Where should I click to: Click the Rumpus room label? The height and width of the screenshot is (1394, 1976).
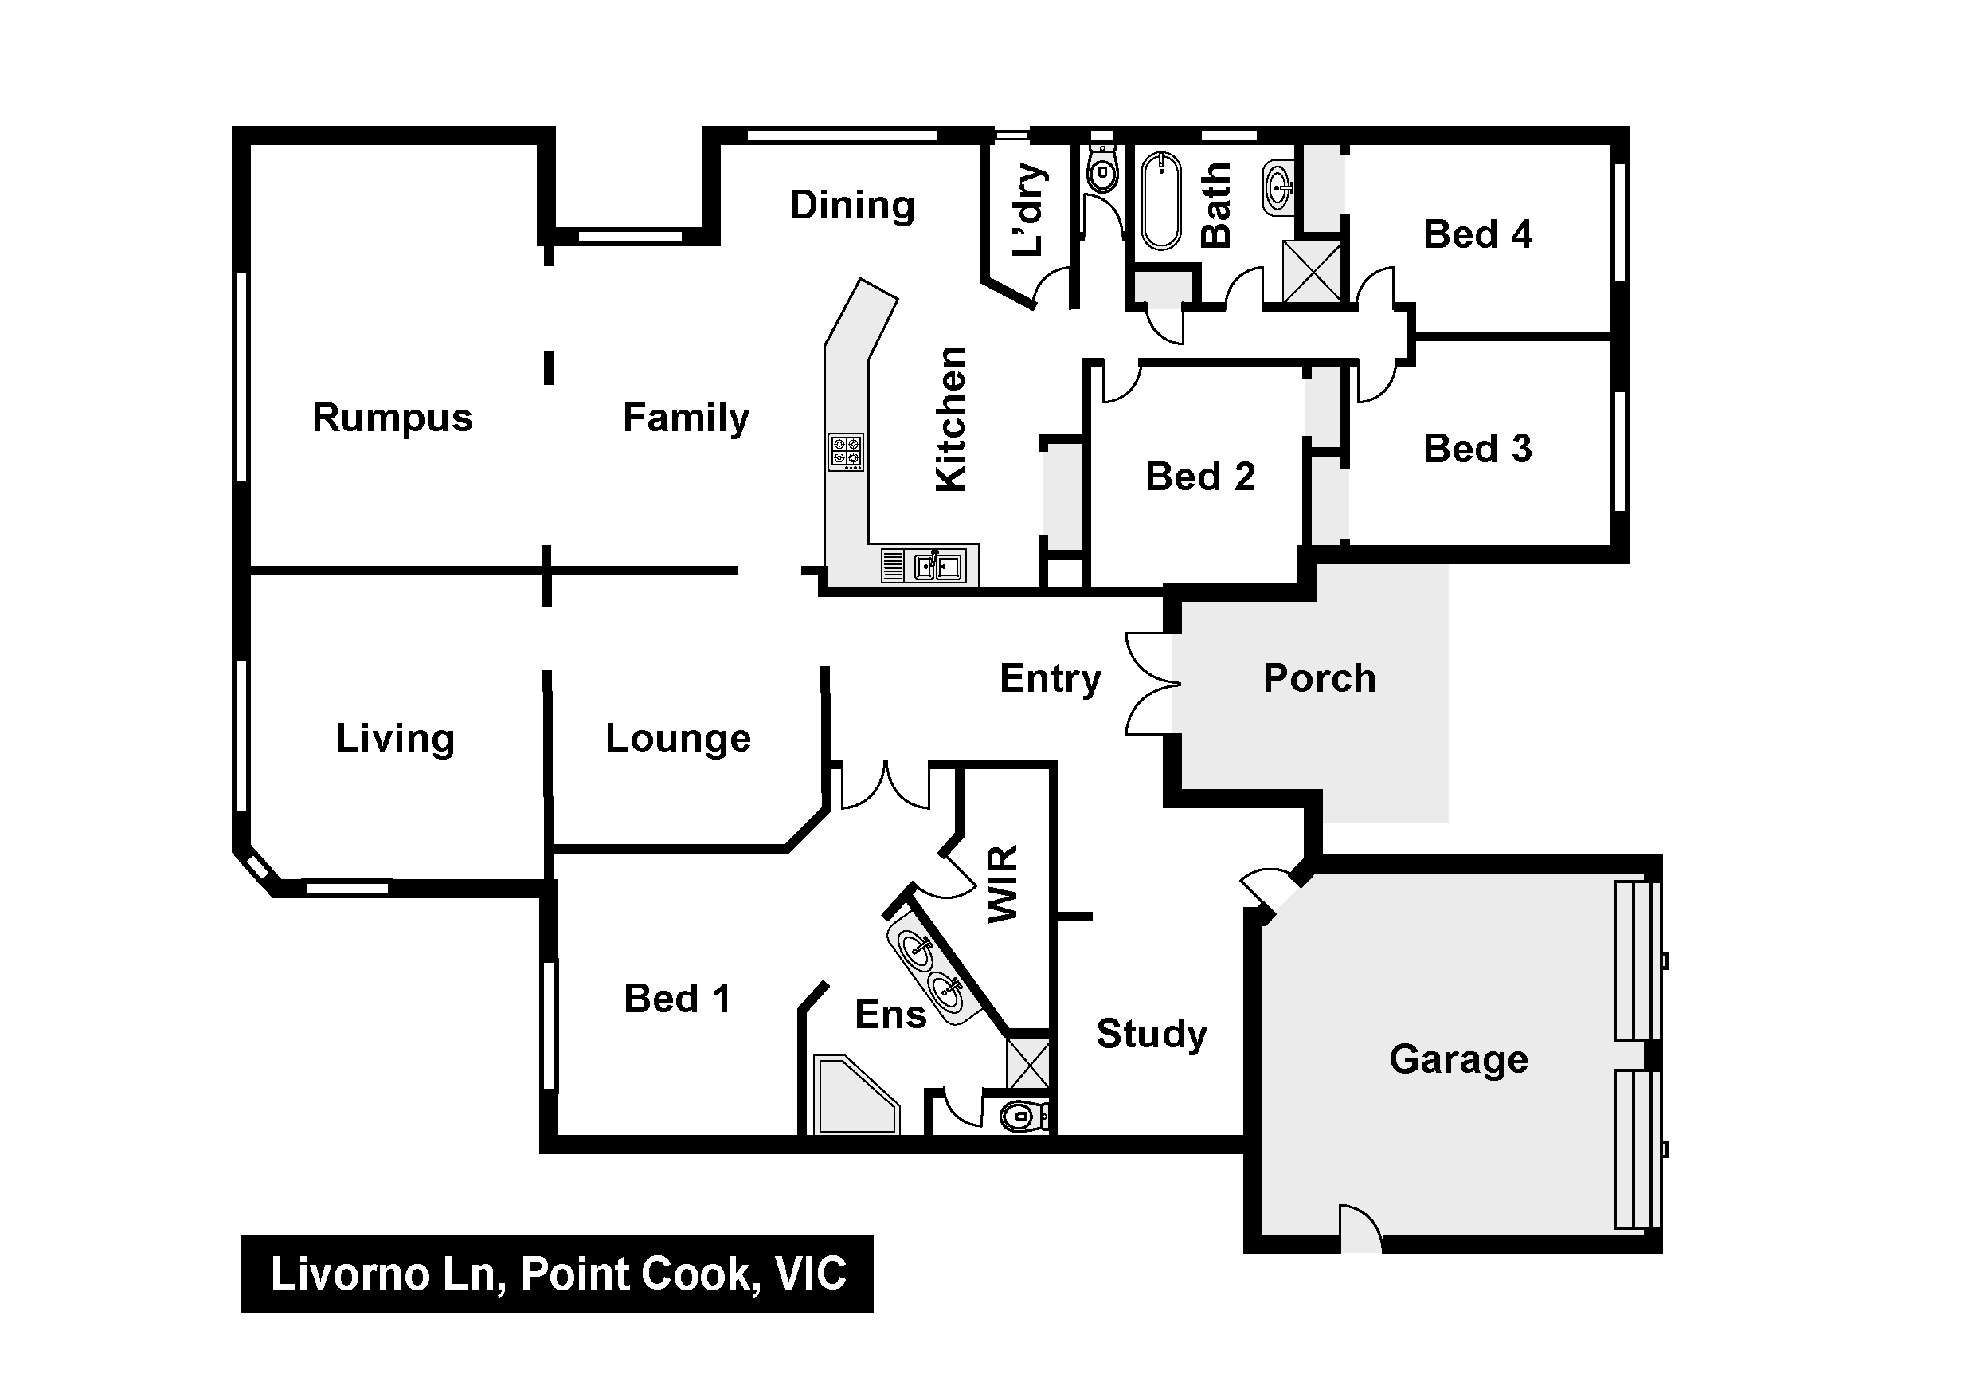coord(393,418)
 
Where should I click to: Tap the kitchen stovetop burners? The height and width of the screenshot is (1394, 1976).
coord(845,452)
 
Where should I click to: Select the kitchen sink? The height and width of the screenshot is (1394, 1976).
coord(938,567)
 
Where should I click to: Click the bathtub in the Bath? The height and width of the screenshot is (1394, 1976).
coord(1161,200)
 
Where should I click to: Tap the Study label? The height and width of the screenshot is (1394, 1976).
coord(1151,1033)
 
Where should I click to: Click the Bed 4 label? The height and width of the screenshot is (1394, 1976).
coord(1477,234)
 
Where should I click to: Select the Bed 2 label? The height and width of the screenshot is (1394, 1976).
coord(1199,477)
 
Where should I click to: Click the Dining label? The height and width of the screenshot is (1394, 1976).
coord(852,206)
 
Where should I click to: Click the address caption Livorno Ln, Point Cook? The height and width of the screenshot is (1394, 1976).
coord(558,1274)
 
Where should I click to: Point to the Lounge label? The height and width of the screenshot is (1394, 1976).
coord(678,739)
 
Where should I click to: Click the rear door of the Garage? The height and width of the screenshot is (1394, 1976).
coord(1360,1230)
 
